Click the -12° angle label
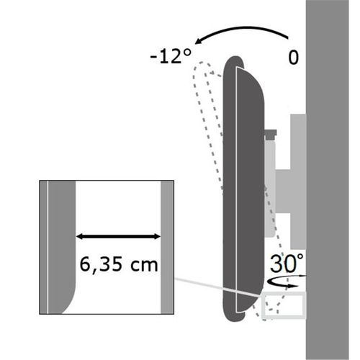(171, 57)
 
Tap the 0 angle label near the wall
(293, 58)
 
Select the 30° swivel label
(287, 264)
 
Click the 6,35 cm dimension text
(119, 265)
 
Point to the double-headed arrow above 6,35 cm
(118, 237)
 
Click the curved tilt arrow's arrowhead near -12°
(199, 41)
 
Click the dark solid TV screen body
(243, 189)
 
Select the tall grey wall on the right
(328, 180)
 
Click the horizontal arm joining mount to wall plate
(290, 191)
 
